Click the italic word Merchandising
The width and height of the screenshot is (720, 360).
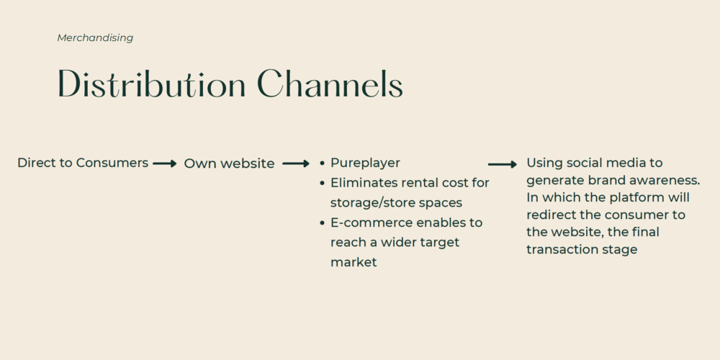pos(95,38)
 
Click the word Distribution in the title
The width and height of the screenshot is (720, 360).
pos(151,84)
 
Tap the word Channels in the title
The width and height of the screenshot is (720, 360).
pos(330,84)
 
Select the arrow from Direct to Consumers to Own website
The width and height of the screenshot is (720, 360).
pos(165,163)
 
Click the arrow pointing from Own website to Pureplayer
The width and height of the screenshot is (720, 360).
pos(296,163)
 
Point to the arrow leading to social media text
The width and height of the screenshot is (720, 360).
pos(503,164)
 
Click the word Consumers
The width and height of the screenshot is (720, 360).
pos(112,163)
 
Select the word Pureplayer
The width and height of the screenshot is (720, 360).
pos(365,163)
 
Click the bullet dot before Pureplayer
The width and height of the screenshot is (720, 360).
pos(322,163)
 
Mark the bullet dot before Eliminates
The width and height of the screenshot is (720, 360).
pos(322,183)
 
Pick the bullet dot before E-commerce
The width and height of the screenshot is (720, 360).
pos(322,223)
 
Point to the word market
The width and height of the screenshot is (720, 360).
pos(354,263)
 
